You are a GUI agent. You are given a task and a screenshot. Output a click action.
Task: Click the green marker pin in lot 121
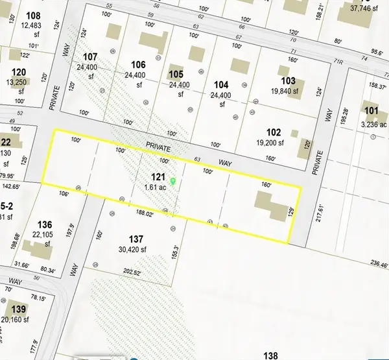click(173, 180)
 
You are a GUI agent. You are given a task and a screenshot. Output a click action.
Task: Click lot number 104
click(221, 84)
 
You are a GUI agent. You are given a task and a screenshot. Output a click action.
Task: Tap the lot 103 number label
click(289, 80)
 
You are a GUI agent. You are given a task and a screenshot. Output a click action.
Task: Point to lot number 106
click(138, 64)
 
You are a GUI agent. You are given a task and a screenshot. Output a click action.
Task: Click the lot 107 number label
click(89, 56)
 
